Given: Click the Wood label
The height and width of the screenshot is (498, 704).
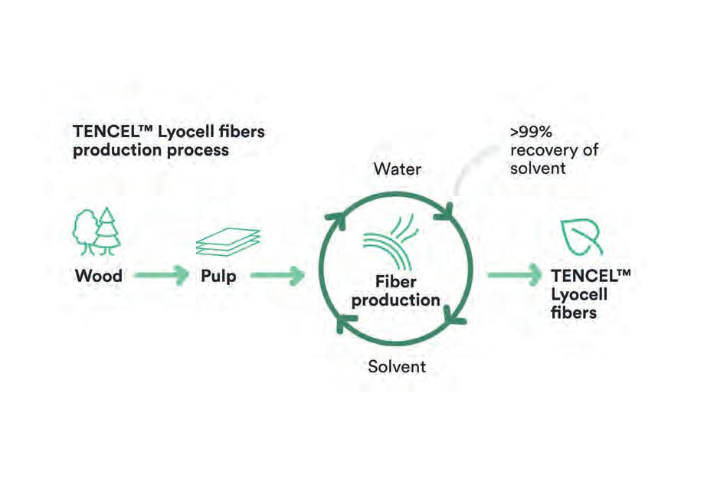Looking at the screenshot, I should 98,275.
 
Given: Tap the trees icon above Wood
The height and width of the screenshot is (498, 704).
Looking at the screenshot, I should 97,231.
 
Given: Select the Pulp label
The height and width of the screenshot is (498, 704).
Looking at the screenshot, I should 218,275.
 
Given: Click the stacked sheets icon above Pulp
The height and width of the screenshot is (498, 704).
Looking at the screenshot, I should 228,242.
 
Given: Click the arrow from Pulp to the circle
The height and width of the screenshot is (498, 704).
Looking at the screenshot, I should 277,275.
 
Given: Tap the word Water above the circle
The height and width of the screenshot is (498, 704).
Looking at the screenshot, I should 398,168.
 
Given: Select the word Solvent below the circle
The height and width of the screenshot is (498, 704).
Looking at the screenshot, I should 397,366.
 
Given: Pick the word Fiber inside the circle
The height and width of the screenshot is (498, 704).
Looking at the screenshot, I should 395,282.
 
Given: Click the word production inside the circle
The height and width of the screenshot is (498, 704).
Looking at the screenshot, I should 395,300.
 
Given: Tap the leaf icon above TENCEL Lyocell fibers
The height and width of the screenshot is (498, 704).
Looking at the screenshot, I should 582,236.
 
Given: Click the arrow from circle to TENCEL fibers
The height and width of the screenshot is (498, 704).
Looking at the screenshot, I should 513,275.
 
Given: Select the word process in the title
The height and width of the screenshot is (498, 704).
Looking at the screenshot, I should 201,150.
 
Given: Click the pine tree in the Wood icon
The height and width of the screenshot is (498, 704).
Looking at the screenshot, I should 107,228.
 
